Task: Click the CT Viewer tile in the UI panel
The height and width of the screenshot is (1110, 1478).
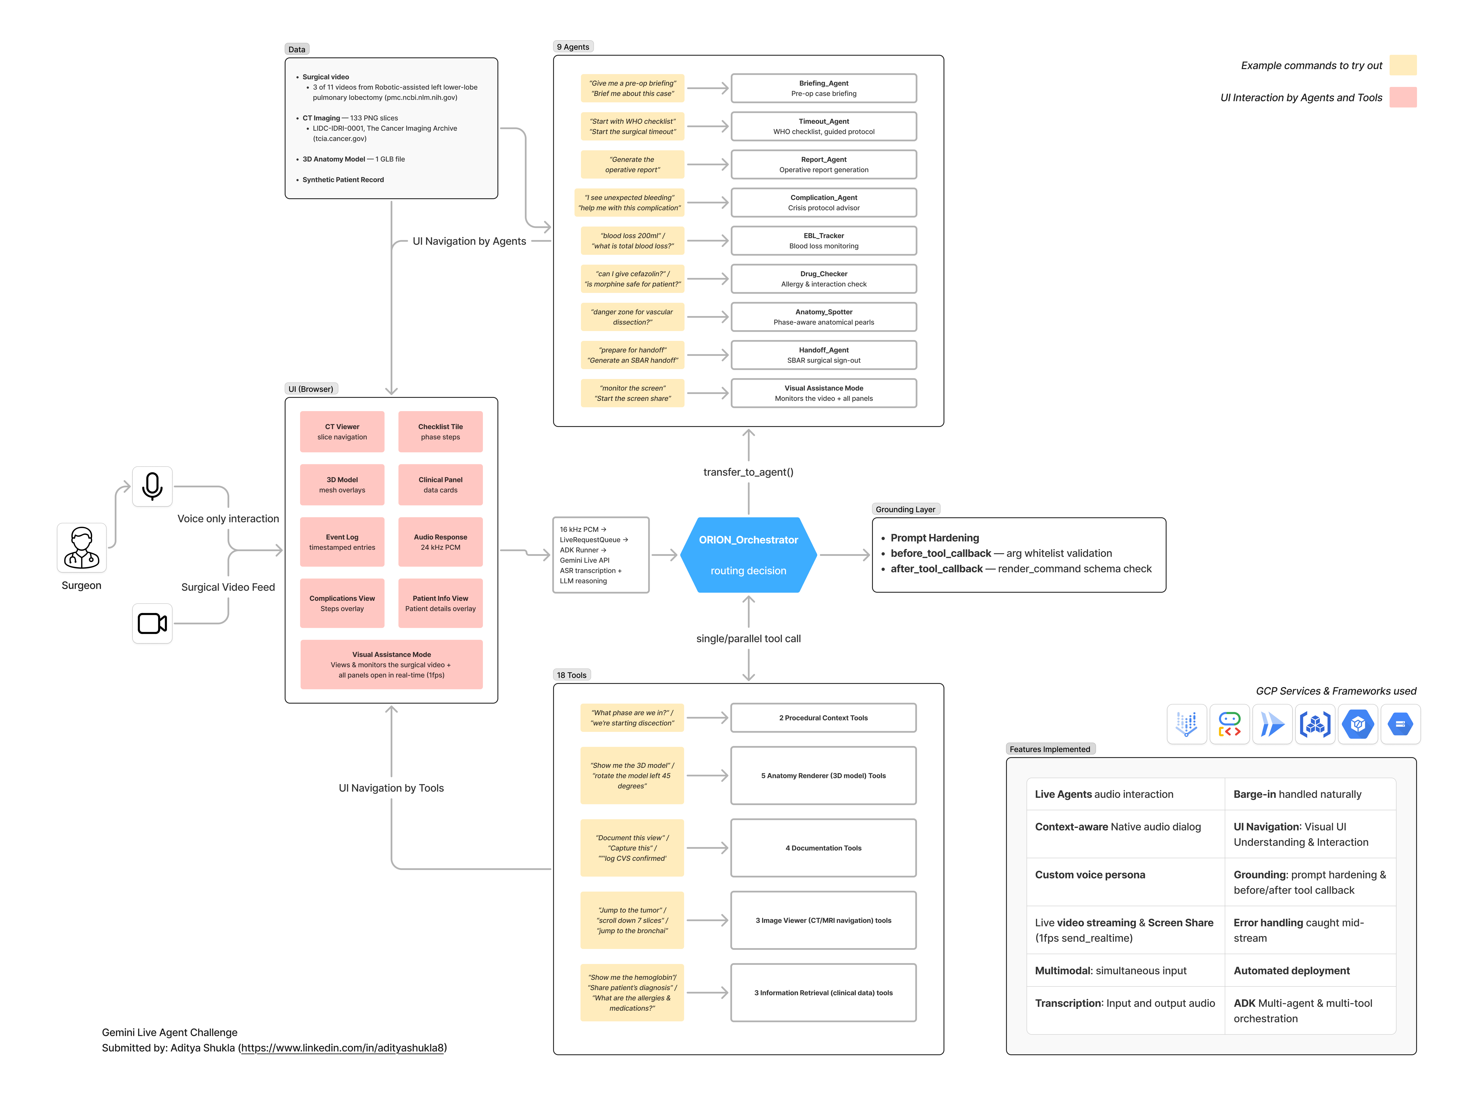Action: (x=342, y=432)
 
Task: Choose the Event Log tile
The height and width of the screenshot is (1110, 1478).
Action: (x=342, y=542)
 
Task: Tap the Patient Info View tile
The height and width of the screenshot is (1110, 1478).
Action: (x=440, y=603)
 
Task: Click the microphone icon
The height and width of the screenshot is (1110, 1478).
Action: (x=152, y=486)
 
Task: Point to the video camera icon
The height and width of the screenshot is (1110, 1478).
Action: (x=152, y=624)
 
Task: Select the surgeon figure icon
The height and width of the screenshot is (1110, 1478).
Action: (x=82, y=548)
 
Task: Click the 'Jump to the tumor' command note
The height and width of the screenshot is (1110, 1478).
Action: (x=632, y=920)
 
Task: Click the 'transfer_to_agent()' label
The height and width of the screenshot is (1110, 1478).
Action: (x=748, y=472)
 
